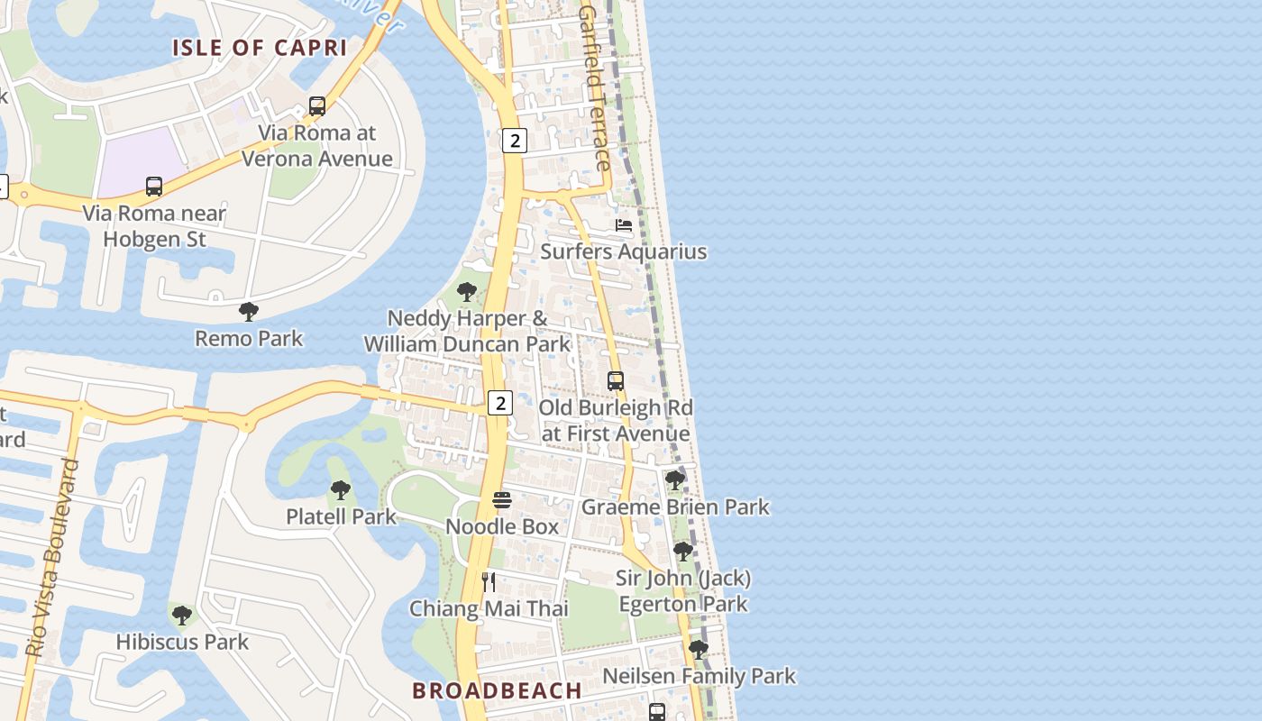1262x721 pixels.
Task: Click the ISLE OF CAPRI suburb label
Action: click(x=260, y=48)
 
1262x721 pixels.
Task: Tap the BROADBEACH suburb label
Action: click(x=497, y=690)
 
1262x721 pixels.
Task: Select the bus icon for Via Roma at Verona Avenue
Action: click(x=317, y=106)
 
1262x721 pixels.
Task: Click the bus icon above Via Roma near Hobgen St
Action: click(x=154, y=187)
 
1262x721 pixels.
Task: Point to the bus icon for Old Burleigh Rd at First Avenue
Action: click(x=616, y=381)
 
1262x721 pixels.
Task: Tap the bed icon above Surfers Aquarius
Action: click(x=624, y=224)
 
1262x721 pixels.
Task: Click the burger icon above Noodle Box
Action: click(x=502, y=500)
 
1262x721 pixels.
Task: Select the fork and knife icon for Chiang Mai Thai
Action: click(x=489, y=582)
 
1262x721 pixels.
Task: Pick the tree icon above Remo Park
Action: click(x=249, y=312)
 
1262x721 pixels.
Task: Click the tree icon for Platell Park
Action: click(x=341, y=490)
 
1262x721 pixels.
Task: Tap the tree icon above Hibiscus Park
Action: click(x=182, y=616)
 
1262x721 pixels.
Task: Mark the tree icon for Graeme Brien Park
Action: click(x=675, y=480)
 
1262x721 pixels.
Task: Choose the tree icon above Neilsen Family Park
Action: click(x=699, y=649)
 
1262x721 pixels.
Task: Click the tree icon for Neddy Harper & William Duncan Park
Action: click(x=467, y=292)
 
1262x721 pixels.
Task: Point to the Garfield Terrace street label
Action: click(x=594, y=88)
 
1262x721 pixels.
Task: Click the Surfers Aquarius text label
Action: click(x=623, y=251)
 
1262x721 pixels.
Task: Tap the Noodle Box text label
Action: click(x=502, y=526)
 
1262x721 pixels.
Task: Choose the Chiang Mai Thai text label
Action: click(x=489, y=608)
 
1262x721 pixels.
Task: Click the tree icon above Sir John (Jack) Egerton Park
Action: click(x=683, y=551)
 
